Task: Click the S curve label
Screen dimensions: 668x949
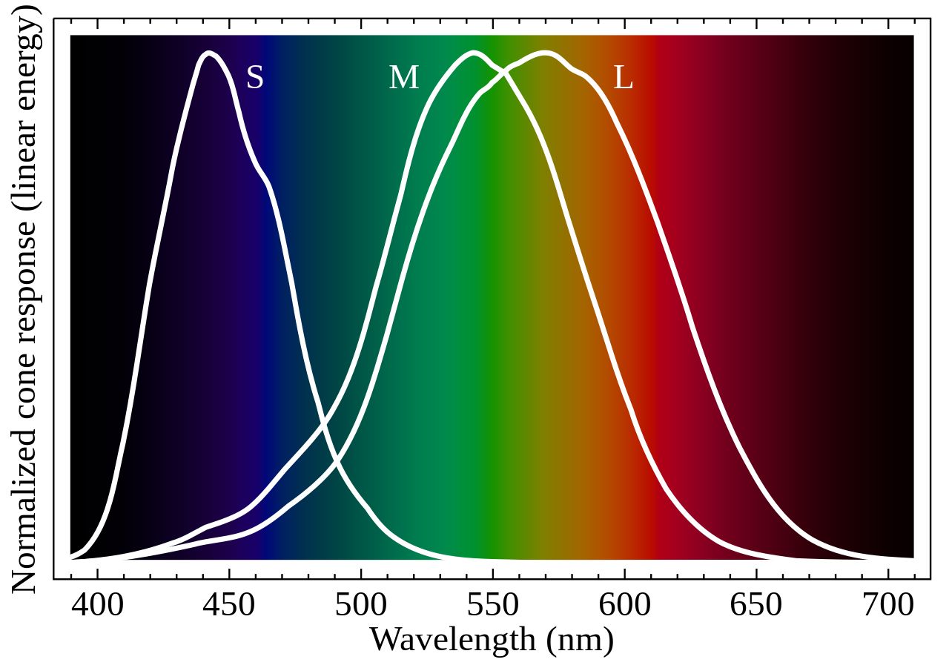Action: [x=254, y=78]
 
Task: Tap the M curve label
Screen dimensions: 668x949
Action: [x=403, y=78]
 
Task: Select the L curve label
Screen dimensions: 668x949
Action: [x=623, y=78]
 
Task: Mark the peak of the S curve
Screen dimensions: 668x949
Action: [x=210, y=53]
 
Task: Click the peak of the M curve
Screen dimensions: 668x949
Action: [x=473, y=53]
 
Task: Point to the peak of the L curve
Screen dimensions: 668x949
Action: [x=546, y=53]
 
